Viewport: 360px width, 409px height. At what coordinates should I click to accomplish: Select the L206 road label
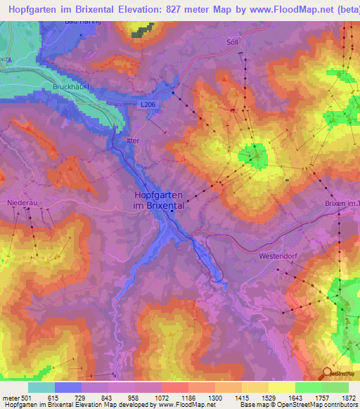pyautogui.click(x=147, y=105)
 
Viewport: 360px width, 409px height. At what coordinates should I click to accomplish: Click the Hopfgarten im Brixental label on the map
pyautogui.click(x=159, y=201)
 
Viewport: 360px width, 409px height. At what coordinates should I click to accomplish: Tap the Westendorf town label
pyautogui.click(x=279, y=257)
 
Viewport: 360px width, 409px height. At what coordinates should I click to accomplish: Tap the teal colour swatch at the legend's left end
pyautogui.click(x=41, y=387)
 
